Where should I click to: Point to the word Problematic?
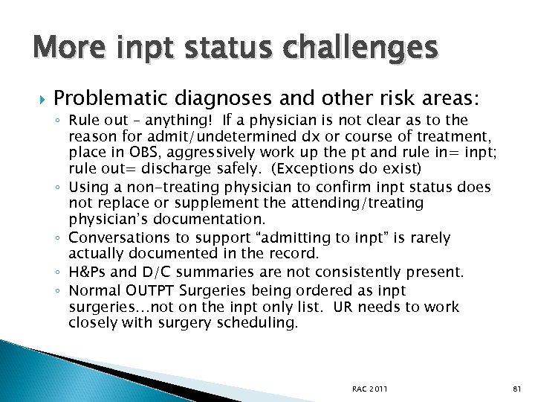(x=111, y=98)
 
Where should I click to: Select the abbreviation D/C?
(x=156, y=272)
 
